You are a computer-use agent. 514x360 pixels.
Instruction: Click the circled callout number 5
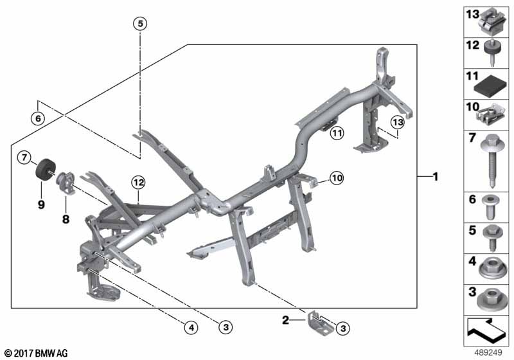(140, 24)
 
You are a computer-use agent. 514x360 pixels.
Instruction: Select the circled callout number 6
(38, 118)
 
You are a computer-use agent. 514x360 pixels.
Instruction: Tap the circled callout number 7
(24, 157)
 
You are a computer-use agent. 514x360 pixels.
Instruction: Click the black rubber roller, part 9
(45, 169)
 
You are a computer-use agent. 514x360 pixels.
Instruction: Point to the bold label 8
(66, 219)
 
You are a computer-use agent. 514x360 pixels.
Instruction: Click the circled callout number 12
(138, 183)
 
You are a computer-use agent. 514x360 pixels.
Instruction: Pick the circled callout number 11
(337, 133)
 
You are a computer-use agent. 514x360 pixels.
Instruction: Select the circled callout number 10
(337, 178)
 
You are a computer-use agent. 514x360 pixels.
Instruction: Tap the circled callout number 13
(398, 122)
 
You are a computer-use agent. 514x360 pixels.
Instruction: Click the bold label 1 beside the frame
(436, 177)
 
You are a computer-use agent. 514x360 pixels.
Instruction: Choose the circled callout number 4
(191, 327)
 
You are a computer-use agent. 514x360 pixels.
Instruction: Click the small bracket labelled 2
(320, 323)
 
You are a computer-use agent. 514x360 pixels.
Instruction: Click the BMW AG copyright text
(37, 353)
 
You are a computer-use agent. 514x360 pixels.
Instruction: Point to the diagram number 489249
(488, 353)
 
